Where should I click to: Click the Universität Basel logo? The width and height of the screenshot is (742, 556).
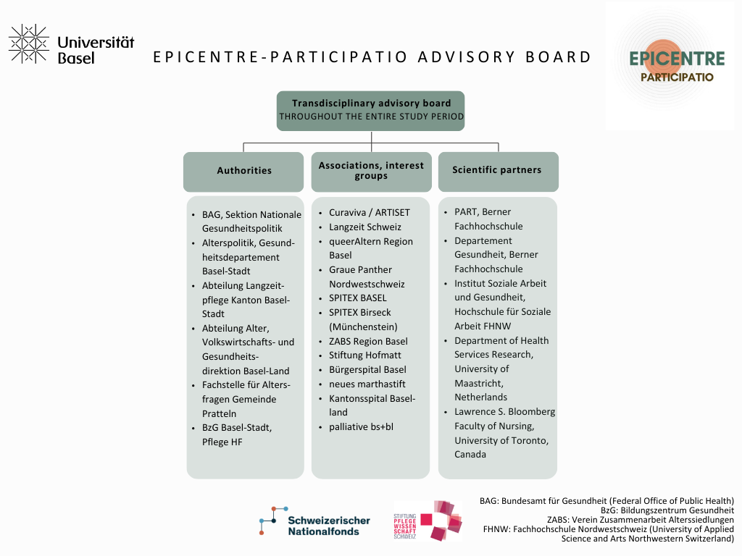click(x=71, y=44)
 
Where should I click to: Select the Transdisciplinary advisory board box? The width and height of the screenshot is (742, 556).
click(x=370, y=110)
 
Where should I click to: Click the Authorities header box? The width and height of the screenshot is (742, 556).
click(x=243, y=171)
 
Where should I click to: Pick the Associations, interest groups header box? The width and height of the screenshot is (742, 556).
click(x=371, y=171)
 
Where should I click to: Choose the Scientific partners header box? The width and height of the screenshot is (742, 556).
click(x=497, y=171)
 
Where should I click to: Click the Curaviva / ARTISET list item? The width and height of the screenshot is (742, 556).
click(x=369, y=213)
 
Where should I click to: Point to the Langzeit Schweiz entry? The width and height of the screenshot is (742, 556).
click(x=364, y=227)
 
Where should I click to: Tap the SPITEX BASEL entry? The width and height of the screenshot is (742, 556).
click(x=357, y=298)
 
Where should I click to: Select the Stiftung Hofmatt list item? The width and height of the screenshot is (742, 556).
click(x=364, y=355)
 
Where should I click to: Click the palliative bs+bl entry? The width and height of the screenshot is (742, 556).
click(x=361, y=426)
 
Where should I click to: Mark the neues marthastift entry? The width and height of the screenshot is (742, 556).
click(x=367, y=384)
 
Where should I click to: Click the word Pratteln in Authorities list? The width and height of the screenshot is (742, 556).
click(x=220, y=413)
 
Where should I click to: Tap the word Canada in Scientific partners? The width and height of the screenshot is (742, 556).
click(x=470, y=455)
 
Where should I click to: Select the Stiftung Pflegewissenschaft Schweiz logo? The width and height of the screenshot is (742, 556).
click(x=428, y=521)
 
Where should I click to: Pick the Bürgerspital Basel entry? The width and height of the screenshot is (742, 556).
click(x=367, y=369)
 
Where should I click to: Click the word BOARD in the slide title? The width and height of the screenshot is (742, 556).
click(x=561, y=57)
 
